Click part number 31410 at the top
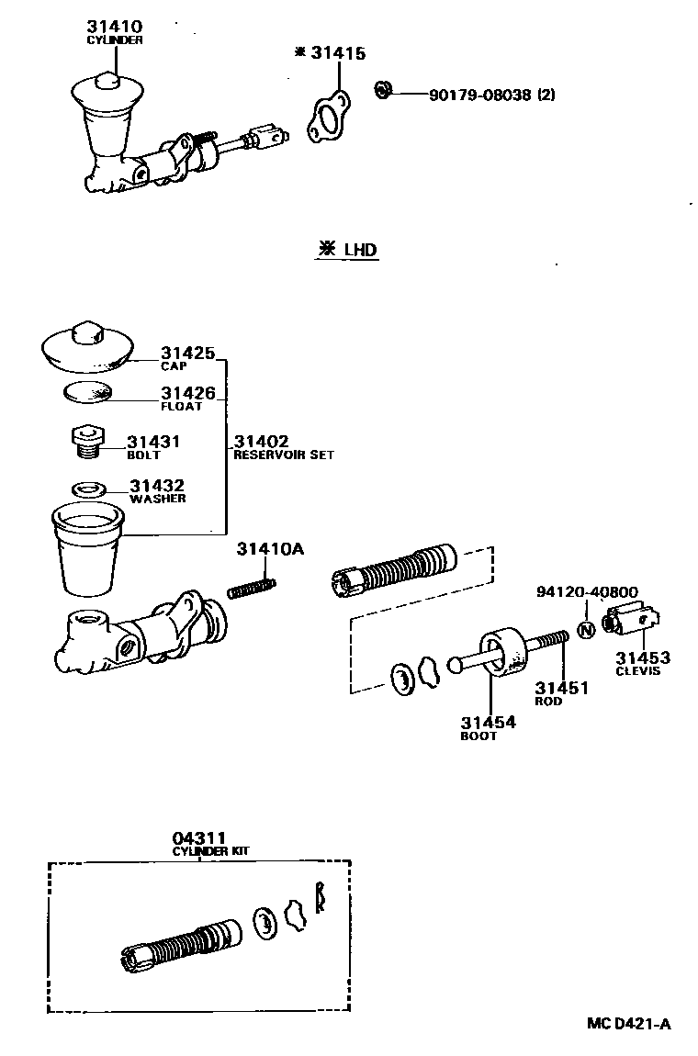click(x=115, y=28)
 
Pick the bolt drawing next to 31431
click(x=86, y=440)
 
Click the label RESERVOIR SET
click(x=283, y=455)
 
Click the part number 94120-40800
click(x=587, y=593)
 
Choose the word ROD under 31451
click(x=548, y=702)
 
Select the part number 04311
click(x=197, y=838)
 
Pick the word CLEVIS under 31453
click(x=636, y=671)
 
